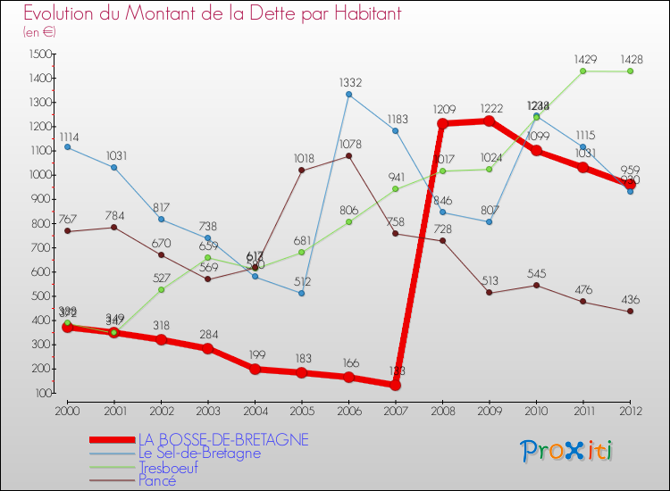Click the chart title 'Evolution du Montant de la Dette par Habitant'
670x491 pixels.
212,13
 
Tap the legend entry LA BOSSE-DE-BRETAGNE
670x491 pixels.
223,439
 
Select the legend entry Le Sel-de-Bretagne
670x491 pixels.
199,453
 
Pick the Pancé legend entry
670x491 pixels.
156,480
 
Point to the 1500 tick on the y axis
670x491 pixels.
38,54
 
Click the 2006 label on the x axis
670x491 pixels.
348,410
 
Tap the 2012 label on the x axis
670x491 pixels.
631,410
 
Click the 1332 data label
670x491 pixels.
350,82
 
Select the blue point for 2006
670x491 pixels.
348,94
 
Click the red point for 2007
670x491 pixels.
395,385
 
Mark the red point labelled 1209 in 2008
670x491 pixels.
442,124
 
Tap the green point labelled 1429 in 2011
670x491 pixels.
583,71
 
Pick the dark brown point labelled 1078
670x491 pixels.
348,155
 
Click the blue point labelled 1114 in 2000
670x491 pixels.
67,146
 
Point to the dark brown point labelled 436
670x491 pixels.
630,311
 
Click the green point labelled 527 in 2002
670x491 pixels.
161,289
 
